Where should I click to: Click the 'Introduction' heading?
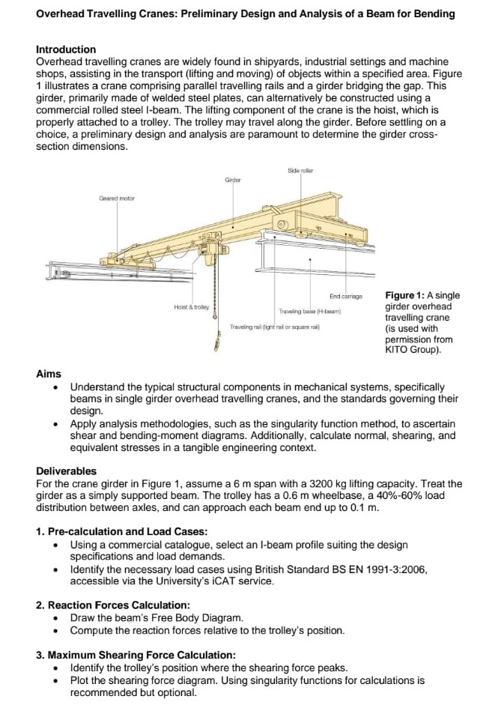(66, 49)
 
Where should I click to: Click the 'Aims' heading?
(49, 374)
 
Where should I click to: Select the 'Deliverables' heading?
(66, 471)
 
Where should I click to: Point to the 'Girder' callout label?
(234, 181)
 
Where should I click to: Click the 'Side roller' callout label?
(300, 171)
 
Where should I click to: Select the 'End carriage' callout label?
(345, 297)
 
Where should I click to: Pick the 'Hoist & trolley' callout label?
(191, 307)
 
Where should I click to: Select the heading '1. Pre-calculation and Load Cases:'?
(122, 532)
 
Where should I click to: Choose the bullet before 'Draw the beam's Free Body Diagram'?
(56, 618)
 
